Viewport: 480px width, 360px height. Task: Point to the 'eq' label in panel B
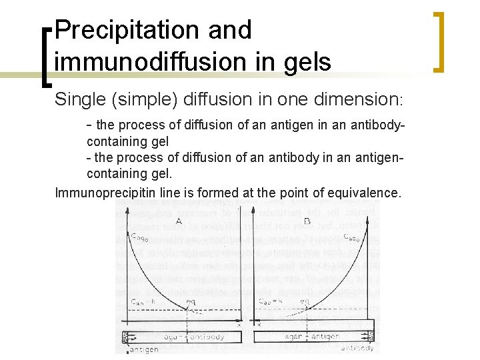tap(305, 301)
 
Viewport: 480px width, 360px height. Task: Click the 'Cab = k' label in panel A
tap(143, 301)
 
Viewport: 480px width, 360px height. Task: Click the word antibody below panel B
tap(359, 348)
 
